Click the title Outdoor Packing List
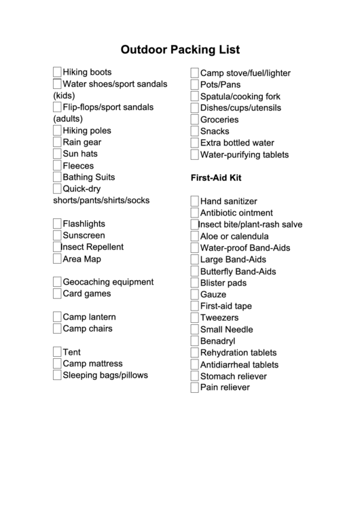pos(180,50)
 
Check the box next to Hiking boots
pos(57,72)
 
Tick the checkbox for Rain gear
pos(57,142)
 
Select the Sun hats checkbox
pos(57,154)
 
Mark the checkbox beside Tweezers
pos(194,317)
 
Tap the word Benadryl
pos(217,341)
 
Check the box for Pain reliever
pos(194,388)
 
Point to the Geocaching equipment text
pos(108,282)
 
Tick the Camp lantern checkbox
pos(57,317)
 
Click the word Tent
pos(71,352)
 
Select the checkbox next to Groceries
pos(194,120)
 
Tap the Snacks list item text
pos(215,131)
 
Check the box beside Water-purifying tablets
pos(194,155)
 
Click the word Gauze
pos(213,294)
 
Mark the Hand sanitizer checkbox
pos(194,201)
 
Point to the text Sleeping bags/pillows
pos(105,375)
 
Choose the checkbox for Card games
pos(57,294)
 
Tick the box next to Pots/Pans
pos(194,85)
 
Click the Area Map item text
pos(82,259)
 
